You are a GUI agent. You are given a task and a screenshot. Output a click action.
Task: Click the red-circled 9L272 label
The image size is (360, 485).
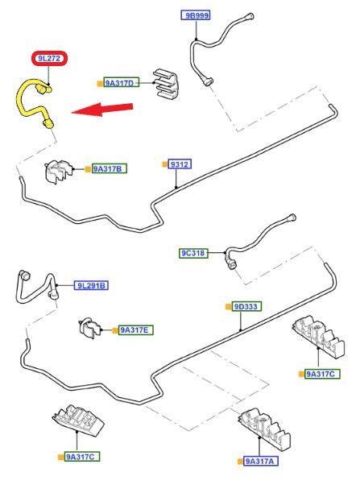49,58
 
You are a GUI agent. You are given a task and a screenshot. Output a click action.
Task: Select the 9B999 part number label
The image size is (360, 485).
196,15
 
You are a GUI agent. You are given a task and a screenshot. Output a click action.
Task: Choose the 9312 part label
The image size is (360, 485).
180,164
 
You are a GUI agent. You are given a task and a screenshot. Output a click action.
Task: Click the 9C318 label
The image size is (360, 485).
193,253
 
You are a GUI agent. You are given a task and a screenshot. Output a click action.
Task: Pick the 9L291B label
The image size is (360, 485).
91,285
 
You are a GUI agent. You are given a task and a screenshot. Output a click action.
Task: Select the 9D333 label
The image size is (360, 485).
246,306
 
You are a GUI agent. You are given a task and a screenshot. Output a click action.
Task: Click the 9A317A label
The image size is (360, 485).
261,461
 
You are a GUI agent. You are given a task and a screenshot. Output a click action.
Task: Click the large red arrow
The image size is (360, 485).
102,110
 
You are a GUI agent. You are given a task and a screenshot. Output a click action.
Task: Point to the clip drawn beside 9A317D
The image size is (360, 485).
165,84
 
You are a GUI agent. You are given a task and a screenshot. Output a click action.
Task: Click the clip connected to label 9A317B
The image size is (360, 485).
59,172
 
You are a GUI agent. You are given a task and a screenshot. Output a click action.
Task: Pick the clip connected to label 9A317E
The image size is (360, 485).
89,328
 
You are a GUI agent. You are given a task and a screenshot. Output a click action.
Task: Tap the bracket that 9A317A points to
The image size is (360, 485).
264,429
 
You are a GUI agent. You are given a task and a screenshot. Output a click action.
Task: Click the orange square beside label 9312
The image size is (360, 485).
165,164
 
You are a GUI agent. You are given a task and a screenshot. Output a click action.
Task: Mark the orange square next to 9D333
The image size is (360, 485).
229,307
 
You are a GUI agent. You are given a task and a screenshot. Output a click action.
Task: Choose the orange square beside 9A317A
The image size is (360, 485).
240,462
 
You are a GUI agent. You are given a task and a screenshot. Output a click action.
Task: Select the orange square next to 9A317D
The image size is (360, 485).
100,84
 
